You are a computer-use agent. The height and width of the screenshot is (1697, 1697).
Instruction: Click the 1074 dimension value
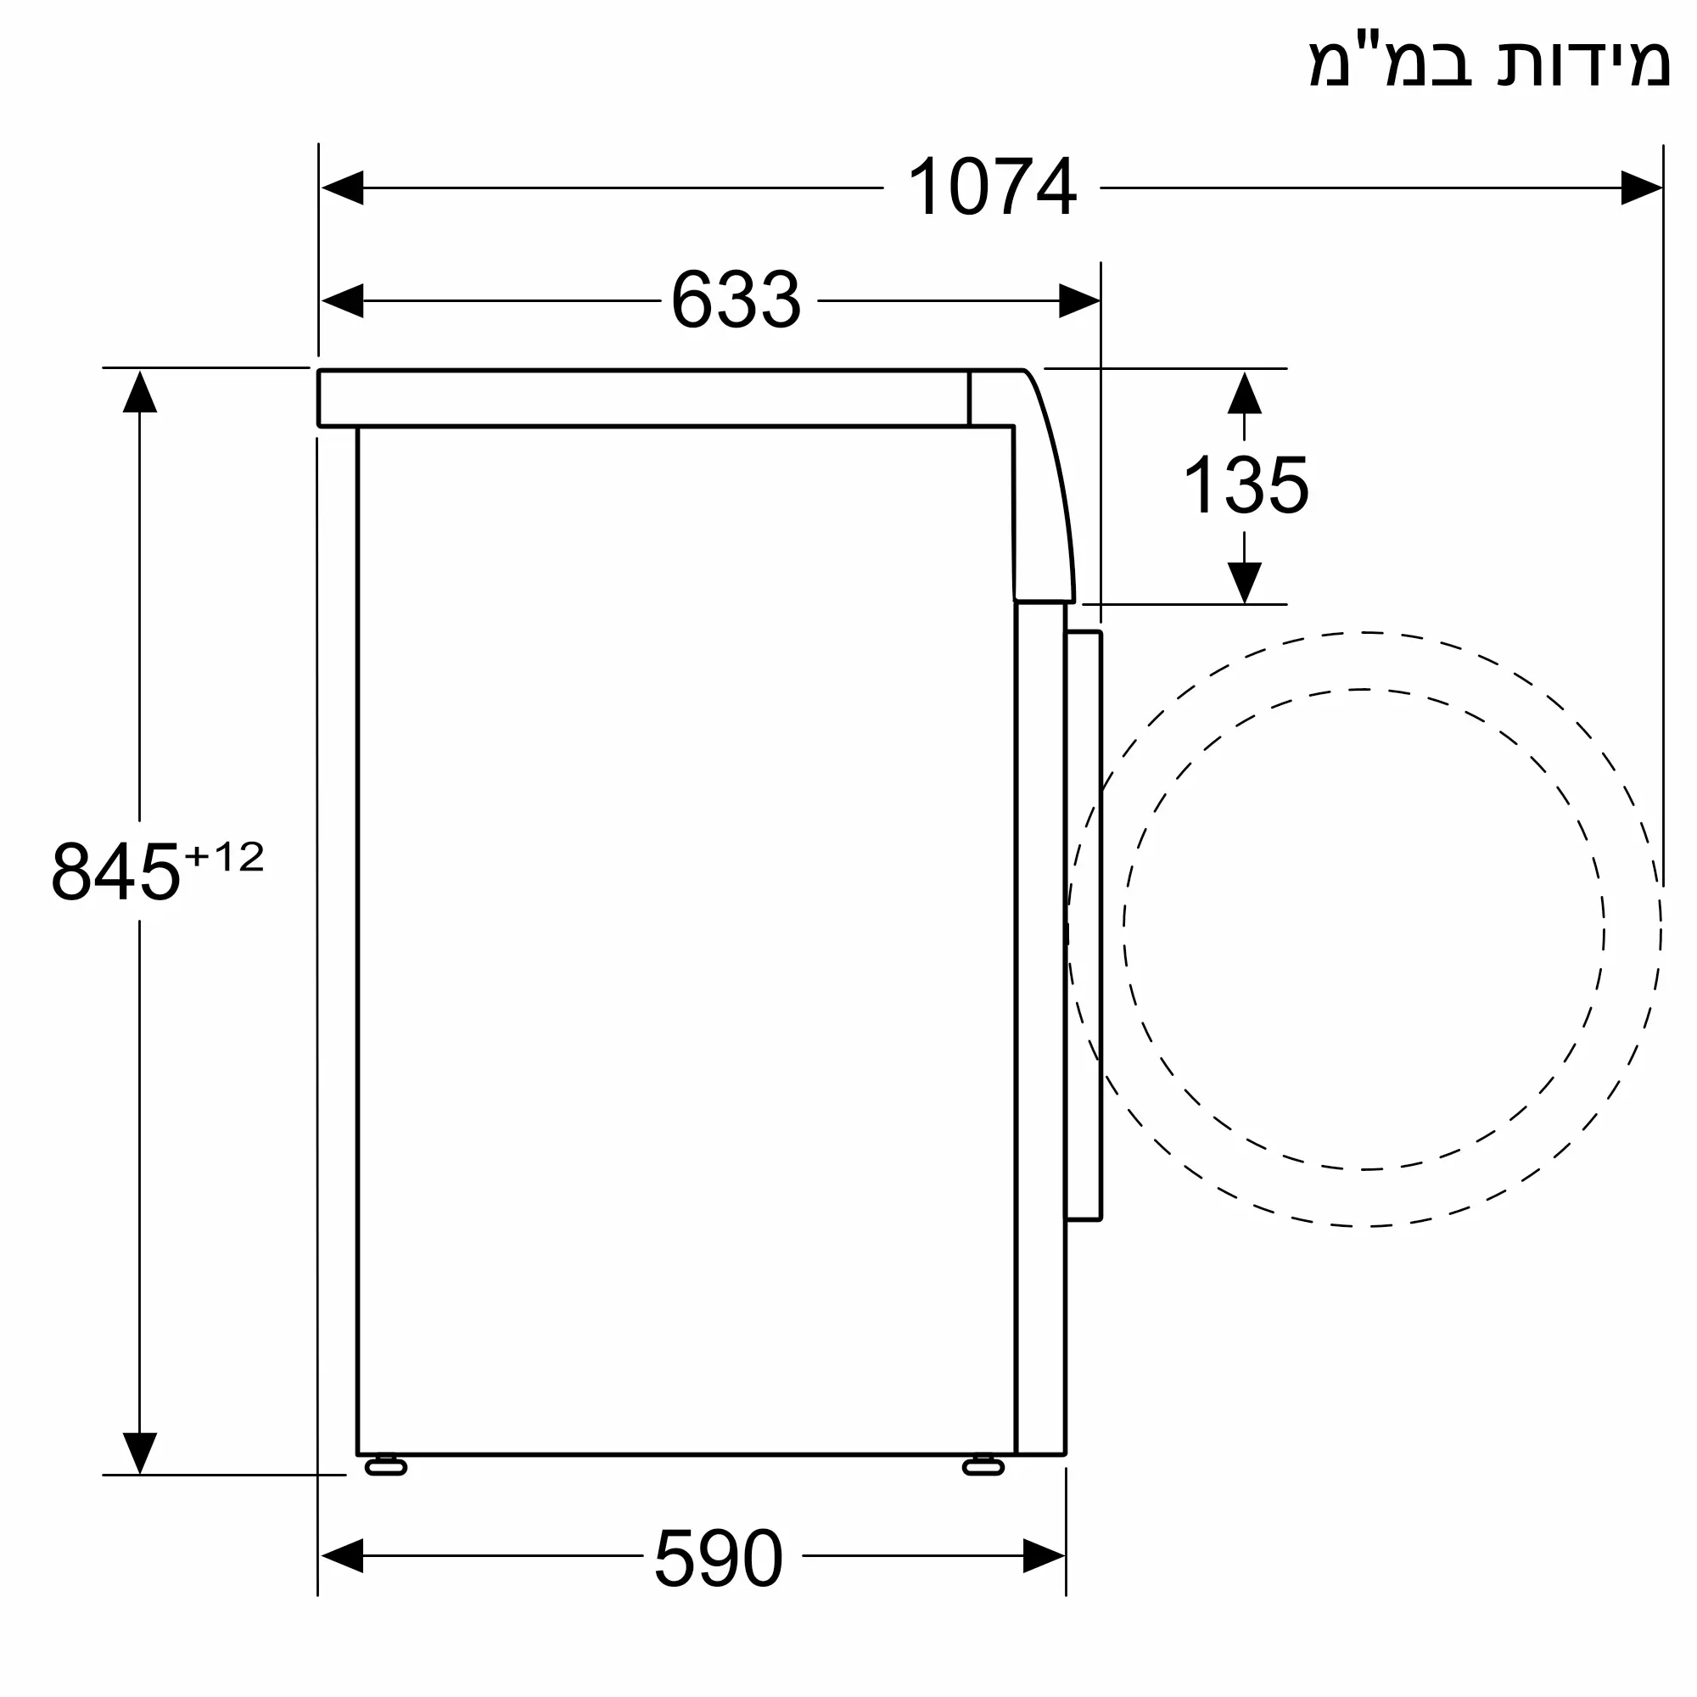[x=992, y=186]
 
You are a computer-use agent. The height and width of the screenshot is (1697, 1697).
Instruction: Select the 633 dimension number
[x=736, y=300]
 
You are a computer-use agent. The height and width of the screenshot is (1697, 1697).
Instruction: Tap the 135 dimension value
[x=1246, y=484]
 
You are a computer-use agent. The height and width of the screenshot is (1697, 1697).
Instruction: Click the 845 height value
[x=116, y=871]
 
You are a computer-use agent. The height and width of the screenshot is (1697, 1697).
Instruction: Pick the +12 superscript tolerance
[x=224, y=856]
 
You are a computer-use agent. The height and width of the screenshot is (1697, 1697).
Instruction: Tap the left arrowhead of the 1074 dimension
[x=343, y=187]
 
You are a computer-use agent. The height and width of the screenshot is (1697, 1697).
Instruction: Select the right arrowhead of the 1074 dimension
[x=1642, y=187]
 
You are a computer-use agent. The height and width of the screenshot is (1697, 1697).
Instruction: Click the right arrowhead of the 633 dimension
[x=1079, y=300]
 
